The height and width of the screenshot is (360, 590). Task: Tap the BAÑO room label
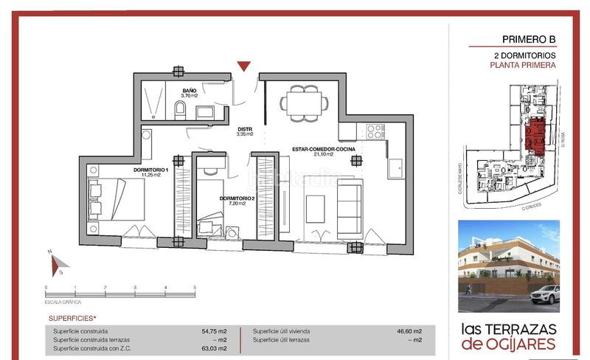(190, 93)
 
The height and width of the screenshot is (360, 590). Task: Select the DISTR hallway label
(245, 131)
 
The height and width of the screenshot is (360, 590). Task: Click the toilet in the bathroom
(181, 111)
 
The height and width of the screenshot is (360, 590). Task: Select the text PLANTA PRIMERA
(522, 65)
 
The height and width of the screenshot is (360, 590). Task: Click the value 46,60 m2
(409, 331)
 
